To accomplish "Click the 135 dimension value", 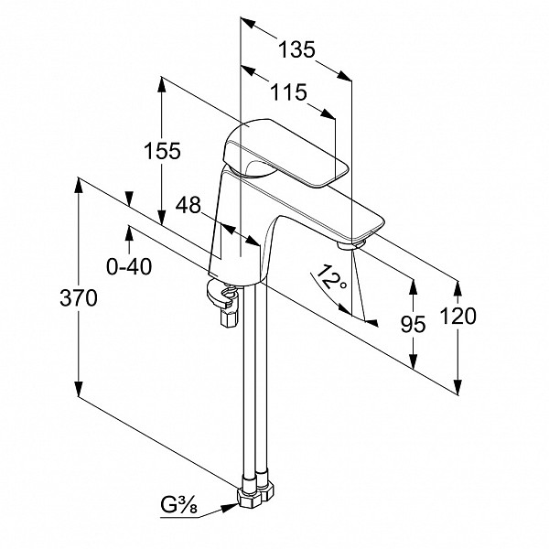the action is [x=296, y=49].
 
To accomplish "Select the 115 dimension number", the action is [x=289, y=92].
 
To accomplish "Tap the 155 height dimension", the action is [x=163, y=151].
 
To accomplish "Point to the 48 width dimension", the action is [x=188, y=205].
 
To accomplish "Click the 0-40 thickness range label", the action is [x=129, y=266].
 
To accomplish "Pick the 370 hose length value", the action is [x=79, y=298].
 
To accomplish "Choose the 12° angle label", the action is [x=330, y=278].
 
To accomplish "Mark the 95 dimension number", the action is [x=414, y=324].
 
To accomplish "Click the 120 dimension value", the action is [x=458, y=316].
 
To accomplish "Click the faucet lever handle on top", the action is [x=285, y=152].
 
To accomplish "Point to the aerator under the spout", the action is [x=351, y=244].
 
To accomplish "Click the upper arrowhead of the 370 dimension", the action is [x=79, y=186].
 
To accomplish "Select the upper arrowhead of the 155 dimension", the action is [x=161, y=85].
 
